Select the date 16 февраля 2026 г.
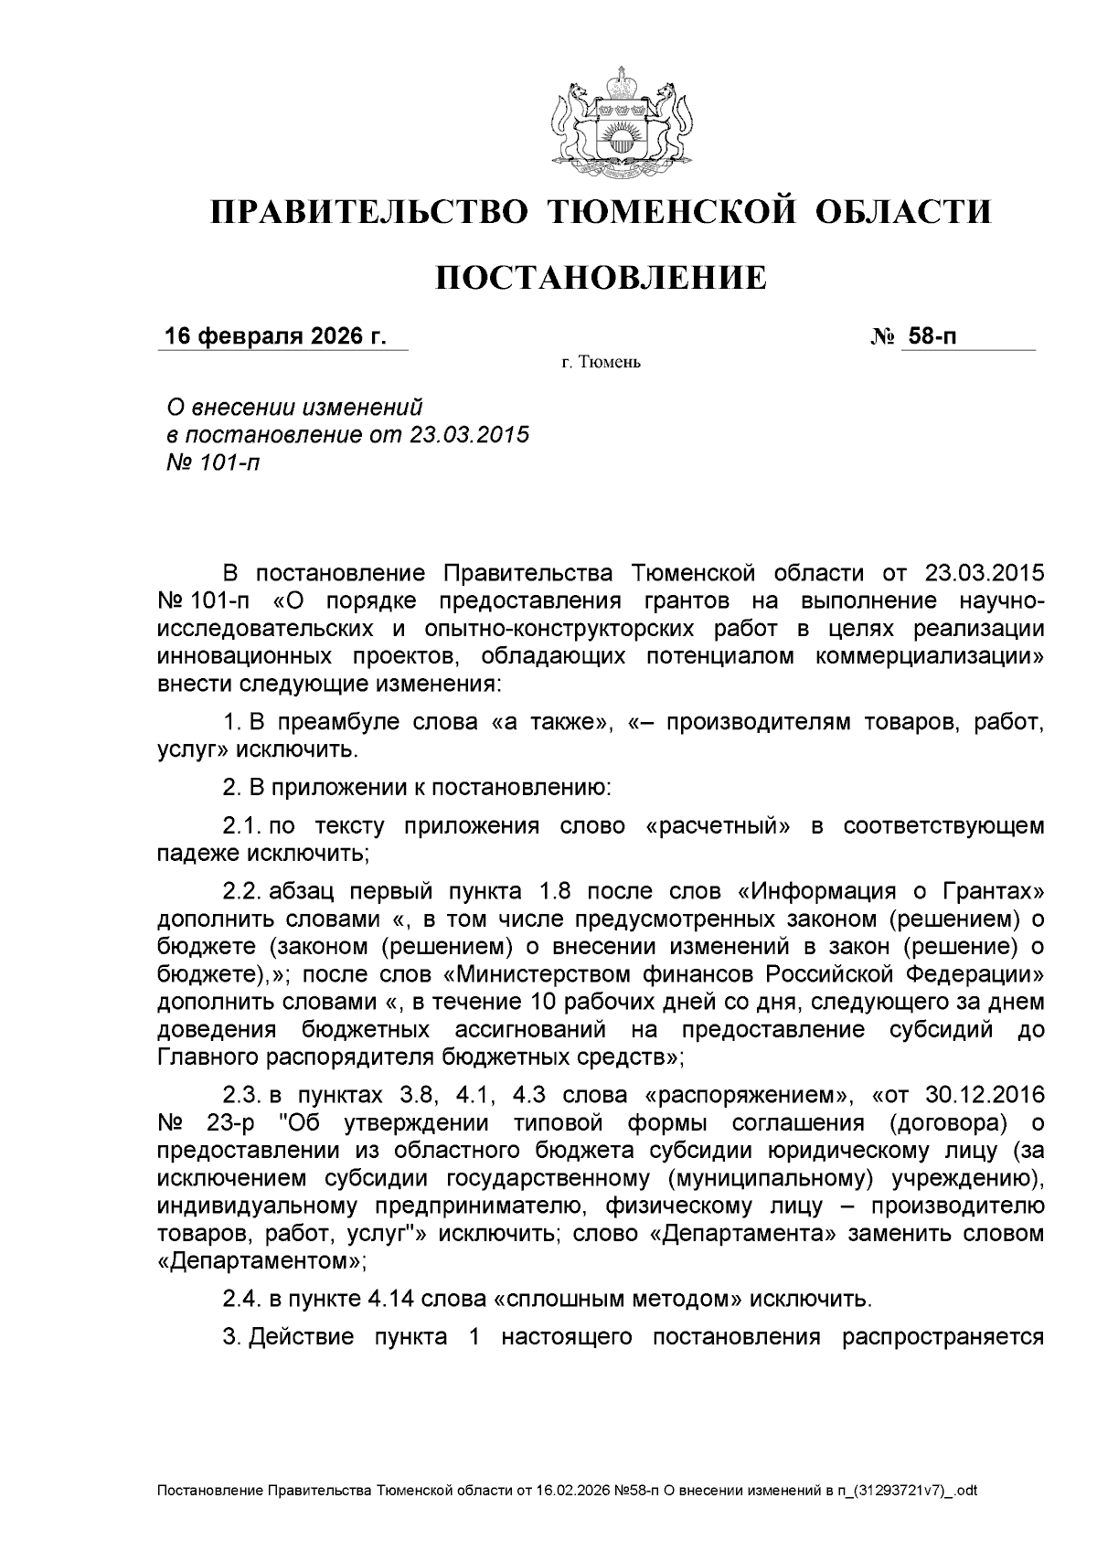(274, 337)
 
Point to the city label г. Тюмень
(601, 363)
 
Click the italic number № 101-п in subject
(210, 462)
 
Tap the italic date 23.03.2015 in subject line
(469, 434)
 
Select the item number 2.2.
(242, 891)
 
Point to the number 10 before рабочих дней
(536, 1003)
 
